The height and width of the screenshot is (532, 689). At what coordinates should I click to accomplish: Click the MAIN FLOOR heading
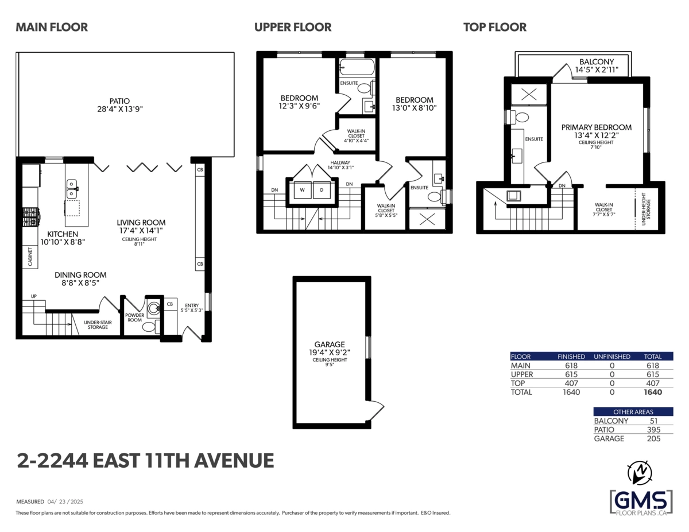tap(52, 27)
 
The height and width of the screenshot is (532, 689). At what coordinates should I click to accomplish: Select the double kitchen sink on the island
tap(72, 189)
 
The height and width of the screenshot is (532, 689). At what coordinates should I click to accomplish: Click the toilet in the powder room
tap(149, 327)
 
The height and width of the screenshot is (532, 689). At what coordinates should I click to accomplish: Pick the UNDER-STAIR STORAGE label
tap(98, 325)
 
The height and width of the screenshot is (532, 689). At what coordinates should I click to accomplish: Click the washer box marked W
tap(302, 189)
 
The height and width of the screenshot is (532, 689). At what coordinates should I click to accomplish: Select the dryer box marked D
tap(322, 189)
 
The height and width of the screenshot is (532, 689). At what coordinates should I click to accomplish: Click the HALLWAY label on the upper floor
tap(339, 162)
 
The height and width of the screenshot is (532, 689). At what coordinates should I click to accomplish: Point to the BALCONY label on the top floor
tap(597, 62)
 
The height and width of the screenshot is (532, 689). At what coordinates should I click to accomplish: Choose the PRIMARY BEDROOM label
tap(597, 127)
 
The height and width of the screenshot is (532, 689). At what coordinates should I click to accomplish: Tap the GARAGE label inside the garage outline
tap(330, 344)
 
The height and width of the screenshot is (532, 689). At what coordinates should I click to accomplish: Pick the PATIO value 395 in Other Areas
tap(652, 429)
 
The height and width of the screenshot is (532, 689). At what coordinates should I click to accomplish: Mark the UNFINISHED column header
tap(611, 356)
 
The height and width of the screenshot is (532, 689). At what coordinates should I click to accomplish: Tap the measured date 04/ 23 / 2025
tap(66, 501)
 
